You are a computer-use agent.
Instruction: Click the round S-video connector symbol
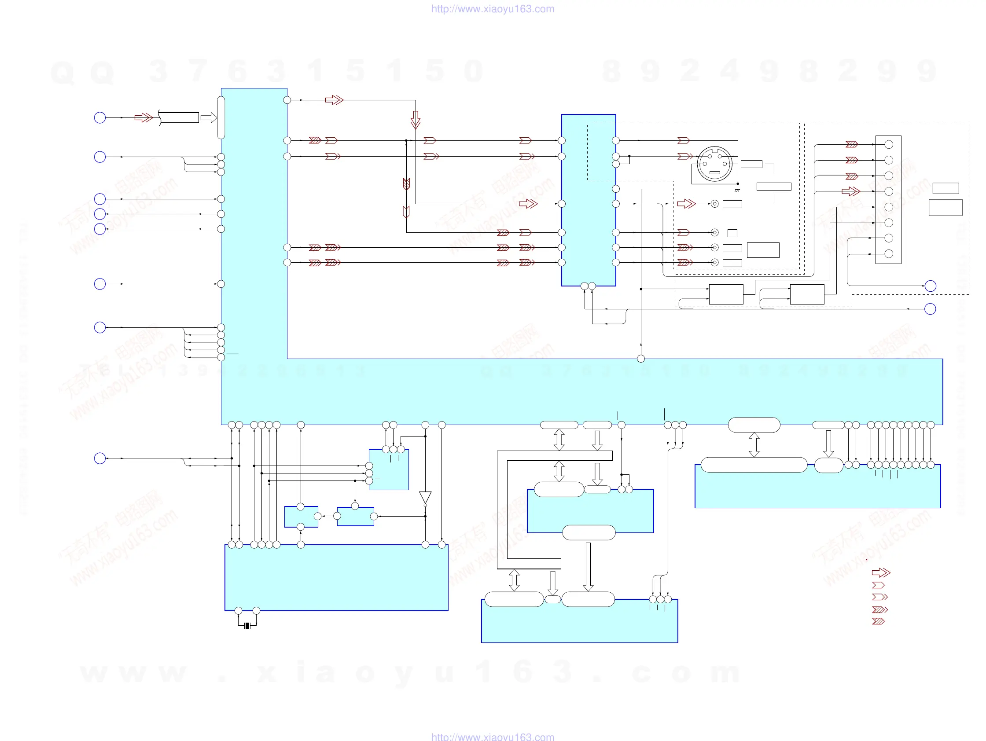714,164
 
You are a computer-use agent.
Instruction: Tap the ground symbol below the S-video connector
737,189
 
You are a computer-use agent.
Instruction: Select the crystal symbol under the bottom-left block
247,626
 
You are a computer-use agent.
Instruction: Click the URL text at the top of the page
493,9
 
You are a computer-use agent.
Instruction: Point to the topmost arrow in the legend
881,572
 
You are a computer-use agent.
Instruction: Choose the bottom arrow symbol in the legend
878,621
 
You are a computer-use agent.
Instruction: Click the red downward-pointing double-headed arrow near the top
416,120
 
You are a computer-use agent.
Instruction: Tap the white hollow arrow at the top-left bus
208,117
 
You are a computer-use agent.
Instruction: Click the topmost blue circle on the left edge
100,117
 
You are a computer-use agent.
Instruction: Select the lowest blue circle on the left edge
100,458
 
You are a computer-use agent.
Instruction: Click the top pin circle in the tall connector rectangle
888,144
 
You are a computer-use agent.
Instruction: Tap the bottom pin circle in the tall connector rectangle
888,254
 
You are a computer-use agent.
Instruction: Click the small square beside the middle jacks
732,233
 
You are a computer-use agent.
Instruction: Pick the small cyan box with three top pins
389,470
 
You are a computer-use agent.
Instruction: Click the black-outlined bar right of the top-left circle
179,117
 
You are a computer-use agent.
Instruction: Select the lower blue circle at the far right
930,309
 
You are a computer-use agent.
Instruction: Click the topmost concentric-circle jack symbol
714,204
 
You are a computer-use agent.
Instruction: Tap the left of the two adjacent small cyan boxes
302,517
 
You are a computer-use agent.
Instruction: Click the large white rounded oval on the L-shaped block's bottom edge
754,425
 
